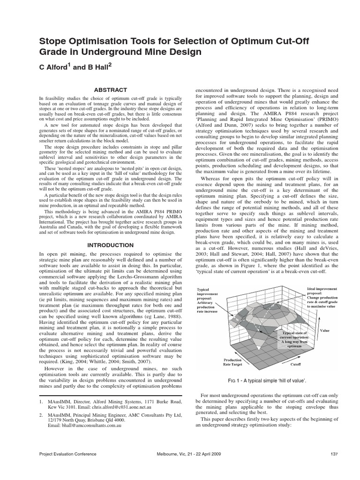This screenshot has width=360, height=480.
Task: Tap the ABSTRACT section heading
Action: [111, 90]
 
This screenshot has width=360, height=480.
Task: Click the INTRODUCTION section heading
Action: [111, 245]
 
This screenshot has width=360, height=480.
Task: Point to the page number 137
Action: [334, 454]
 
